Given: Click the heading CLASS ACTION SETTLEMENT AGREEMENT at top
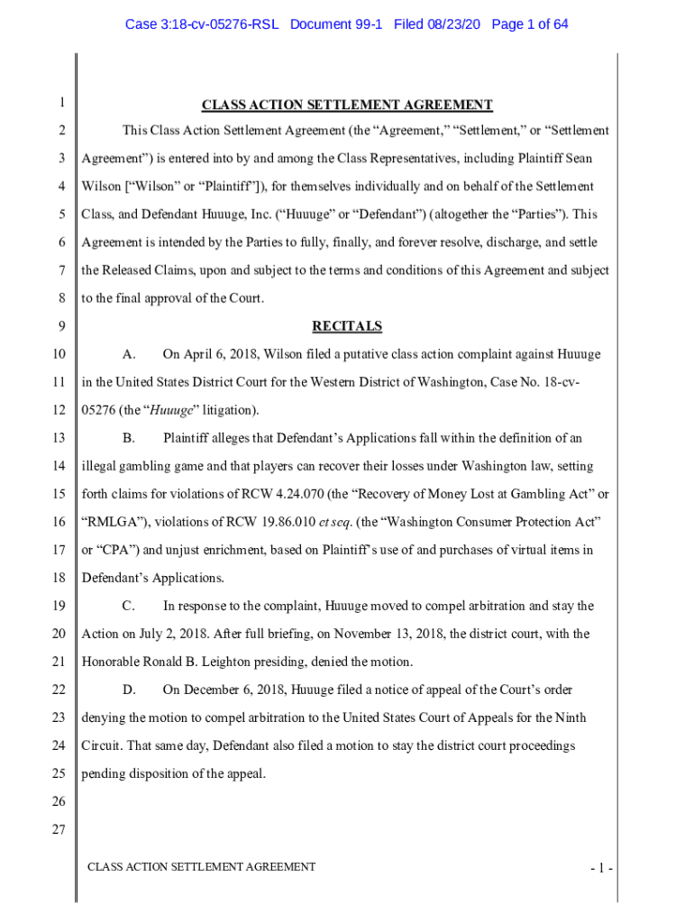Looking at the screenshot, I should coord(347,105).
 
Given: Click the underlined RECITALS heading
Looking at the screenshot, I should coord(347,326).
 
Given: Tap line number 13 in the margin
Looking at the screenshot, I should coord(59,438).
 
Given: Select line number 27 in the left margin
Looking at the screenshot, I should coord(59,830).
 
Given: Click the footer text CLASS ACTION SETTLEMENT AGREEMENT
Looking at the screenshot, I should coord(201,867).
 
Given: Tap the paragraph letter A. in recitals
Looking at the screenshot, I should coord(129,354).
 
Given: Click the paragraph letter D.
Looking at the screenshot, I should coord(129,690).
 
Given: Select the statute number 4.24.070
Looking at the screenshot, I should coord(320,495).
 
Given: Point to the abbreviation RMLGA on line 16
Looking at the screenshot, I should coord(112,523).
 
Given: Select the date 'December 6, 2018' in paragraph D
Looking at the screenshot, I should coord(233,690).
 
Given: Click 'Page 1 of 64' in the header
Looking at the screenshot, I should coord(530,23).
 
